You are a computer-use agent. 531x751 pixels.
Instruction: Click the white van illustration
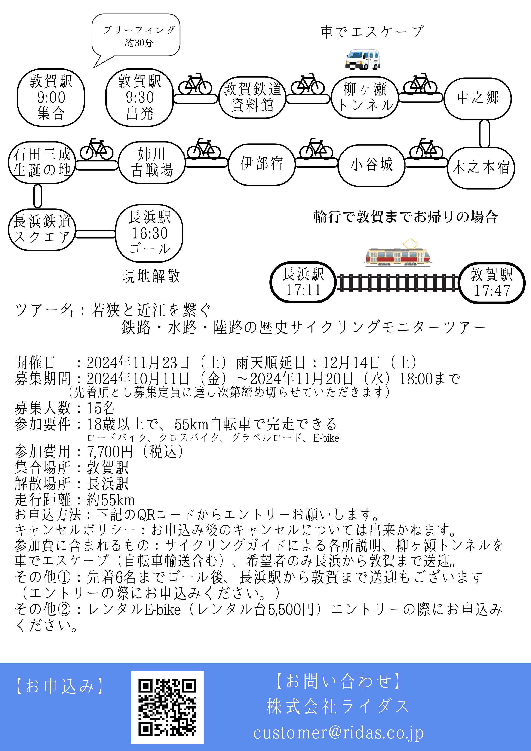coord(363,59)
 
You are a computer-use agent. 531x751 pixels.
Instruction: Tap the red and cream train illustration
coord(398,254)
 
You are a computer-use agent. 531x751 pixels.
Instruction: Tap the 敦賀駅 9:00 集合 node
coord(51,98)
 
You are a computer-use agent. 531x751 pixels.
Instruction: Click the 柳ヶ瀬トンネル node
coord(365,97)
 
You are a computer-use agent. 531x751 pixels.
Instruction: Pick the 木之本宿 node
coord(481,168)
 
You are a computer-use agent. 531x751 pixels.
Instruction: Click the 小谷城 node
coord(371,165)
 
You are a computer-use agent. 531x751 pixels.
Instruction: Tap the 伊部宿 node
coord(262,164)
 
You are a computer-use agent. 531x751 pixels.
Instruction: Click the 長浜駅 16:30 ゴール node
coord(149,233)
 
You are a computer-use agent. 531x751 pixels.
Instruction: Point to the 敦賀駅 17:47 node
coord(492,283)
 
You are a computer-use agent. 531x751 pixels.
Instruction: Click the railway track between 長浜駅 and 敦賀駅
coord(398,283)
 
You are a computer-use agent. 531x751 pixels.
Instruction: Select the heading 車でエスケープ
coord(372,32)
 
